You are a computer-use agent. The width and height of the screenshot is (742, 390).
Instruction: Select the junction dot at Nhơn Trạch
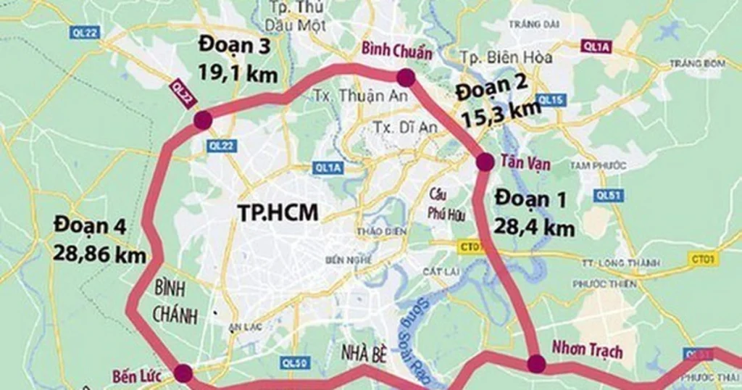pyautogui.click(x=536, y=363)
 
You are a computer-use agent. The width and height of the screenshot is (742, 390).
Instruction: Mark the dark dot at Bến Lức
pyautogui.click(x=183, y=373)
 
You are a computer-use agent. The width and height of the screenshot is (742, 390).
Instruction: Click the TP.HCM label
pyautogui.click(x=278, y=211)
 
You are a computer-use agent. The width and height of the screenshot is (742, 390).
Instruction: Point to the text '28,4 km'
pyautogui.click(x=535, y=228)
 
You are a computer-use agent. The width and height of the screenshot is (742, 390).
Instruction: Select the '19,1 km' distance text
pyautogui.click(x=238, y=73)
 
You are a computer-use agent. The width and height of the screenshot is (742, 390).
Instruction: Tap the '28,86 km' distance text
pyautogui.click(x=99, y=254)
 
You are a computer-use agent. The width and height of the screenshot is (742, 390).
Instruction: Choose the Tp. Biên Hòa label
pyautogui.click(x=507, y=57)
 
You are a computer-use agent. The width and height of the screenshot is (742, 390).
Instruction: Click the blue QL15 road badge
pyautogui.click(x=551, y=99)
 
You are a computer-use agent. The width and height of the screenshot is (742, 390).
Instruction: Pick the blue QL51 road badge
pyautogui.click(x=606, y=195)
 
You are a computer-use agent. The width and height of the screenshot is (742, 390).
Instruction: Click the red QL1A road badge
pyautogui.click(x=597, y=46)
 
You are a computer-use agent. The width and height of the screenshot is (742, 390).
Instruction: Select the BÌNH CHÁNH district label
pyautogui.click(x=170, y=302)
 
